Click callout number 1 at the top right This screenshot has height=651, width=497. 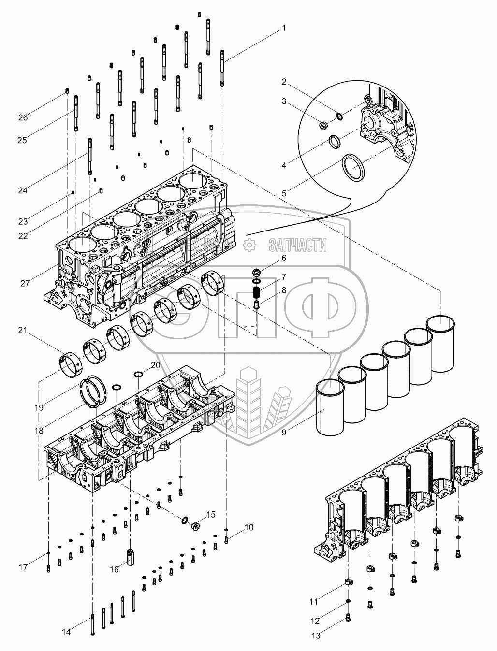tap(284, 28)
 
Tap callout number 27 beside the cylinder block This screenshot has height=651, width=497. tap(25, 284)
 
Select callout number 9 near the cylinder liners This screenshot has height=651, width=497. tap(284, 433)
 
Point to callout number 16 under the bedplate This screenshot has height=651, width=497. tap(114, 570)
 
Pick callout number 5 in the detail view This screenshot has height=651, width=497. tap(284, 193)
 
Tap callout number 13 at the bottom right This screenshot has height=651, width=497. tap(316, 636)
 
